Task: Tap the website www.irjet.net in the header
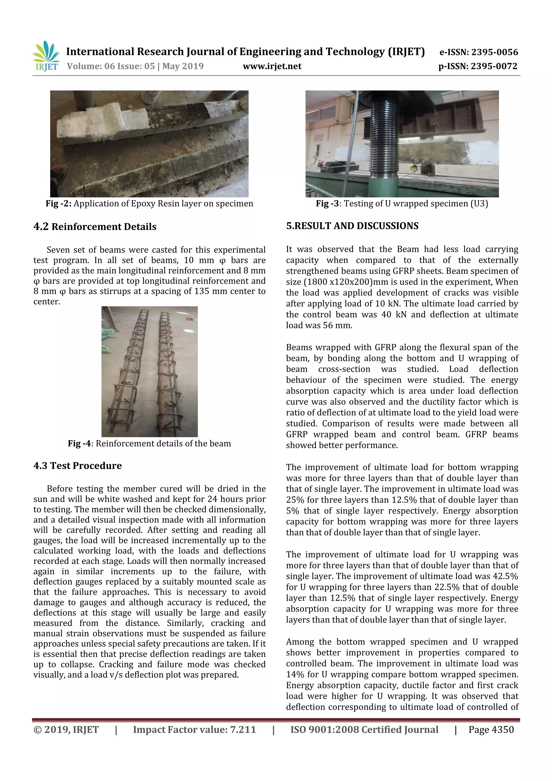click(272, 66)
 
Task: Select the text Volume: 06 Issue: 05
click(111, 66)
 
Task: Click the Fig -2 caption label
click(58, 204)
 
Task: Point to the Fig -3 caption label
click(327, 204)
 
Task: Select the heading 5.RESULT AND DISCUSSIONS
click(352, 226)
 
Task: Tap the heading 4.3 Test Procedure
click(78, 465)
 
